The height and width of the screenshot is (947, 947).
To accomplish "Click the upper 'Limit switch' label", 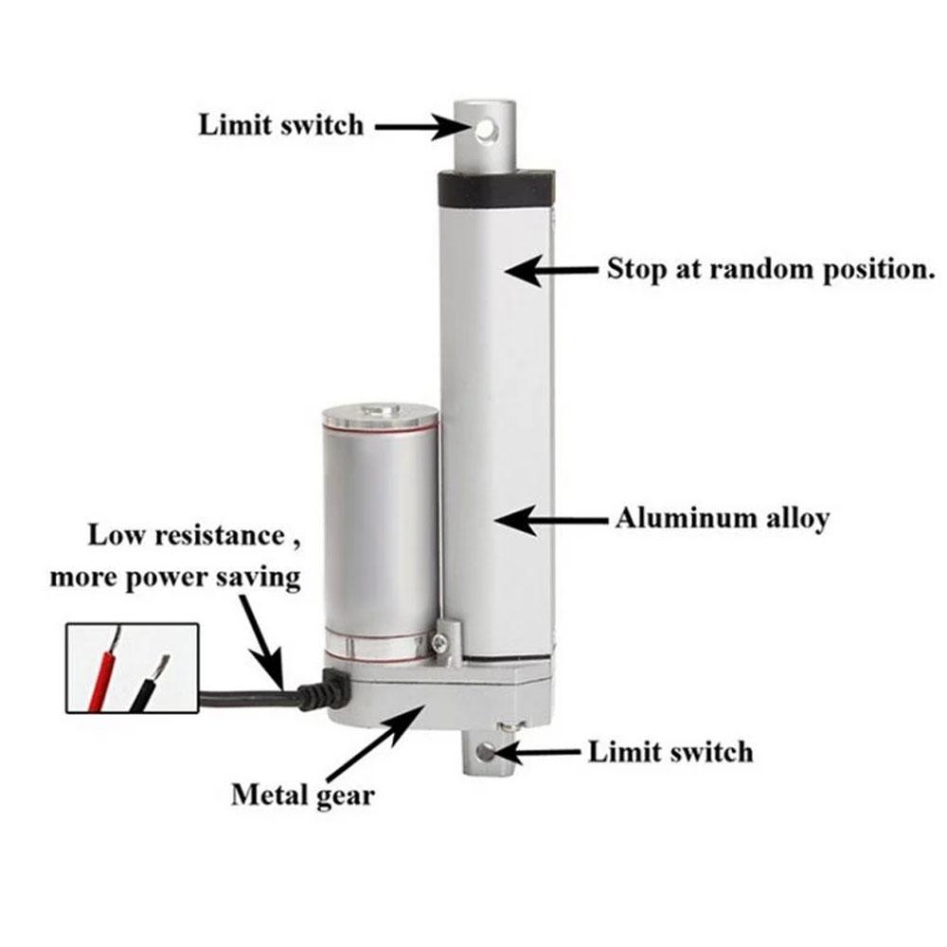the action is pyautogui.click(x=281, y=125).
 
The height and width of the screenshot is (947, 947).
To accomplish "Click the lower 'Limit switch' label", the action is pyautogui.click(x=671, y=753).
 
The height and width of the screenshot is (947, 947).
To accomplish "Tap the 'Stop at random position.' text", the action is pyautogui.click(x=771, y=269).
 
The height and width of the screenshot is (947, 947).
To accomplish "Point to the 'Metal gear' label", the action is pyautogui.click(x=303, y=795).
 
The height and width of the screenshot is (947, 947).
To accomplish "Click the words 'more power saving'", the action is pyautogui.click(x=175, y=578).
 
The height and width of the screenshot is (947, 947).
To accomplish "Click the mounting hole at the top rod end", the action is pyautogui.click(x=486, y=131).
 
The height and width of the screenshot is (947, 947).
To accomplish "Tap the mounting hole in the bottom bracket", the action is pyautogui.click(x=486, y=752).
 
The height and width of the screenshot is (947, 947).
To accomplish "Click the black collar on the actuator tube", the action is pyautogui.click(x=497, y=189).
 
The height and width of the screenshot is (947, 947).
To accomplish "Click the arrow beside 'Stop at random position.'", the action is pyautogui.click(x=551, y=271).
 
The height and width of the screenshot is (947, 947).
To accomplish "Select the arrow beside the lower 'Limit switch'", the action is pyautogui.click(x=535, y=753).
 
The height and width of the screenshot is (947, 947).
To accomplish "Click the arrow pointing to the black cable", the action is pyautogui.click(x=261, y=642).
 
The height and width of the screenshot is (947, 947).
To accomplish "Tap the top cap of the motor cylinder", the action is pyautogui.click(x=380, y=416).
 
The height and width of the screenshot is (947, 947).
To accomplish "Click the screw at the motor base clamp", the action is pyautogui.click(x=440, y=643).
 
